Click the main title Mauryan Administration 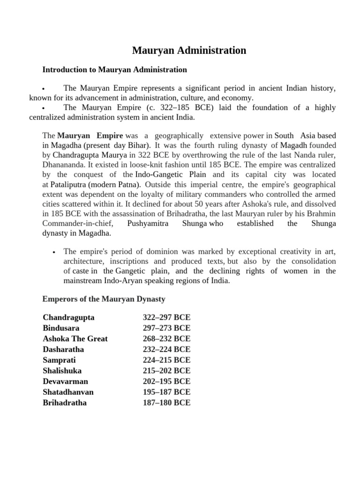pyautogui.click(x=189, y=50)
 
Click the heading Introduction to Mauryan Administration pyautogui.click(x=114, y=70)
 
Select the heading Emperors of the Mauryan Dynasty pyautogui.click(x=104, y=299)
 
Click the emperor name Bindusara pyautogui.click(x=61, y=328)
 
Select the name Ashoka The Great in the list pyautogui.click(x=75, y=338)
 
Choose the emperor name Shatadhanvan pyautogui.click(x=68, y=392)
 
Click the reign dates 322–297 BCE pyautogui.click(x=166, y=317)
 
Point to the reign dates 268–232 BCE pyautogui.click(x=166, y=338)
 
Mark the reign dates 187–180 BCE pyautogui.click(x=166, y=403)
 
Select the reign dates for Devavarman pyautogui.click(x=166, y=381)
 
